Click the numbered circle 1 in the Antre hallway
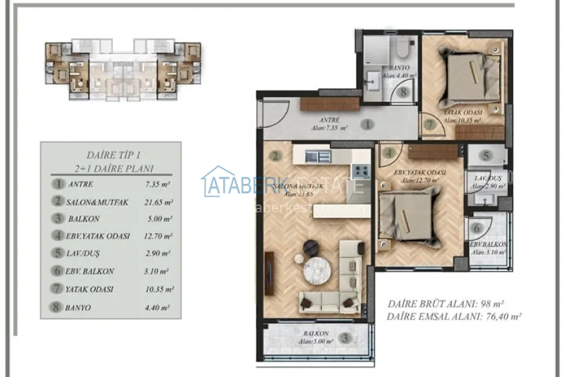[366, 124]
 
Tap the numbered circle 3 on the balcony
[344, 338]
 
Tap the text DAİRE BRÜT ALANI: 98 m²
[443, 304]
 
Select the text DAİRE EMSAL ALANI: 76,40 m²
[453, 317]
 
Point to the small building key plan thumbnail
[123, 71]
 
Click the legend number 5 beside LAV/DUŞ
[59, 254]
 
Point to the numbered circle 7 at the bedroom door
[430, 124]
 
